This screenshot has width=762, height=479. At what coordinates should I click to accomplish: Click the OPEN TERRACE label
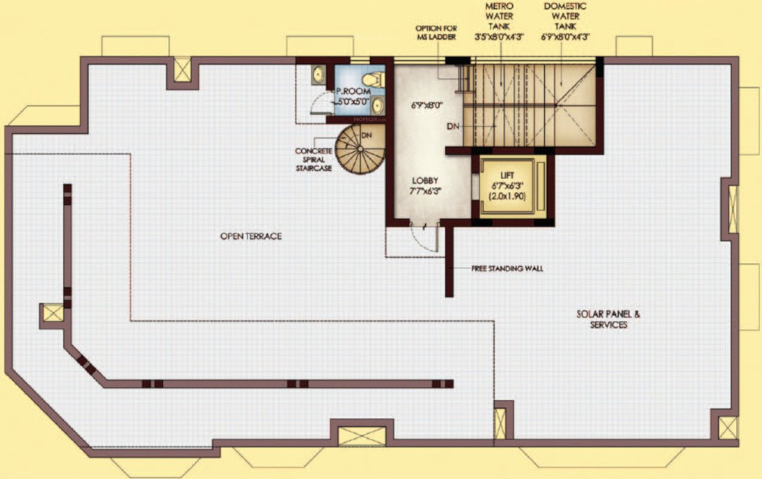(x=251, y=236)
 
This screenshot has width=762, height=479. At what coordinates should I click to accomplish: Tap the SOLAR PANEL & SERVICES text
(x=608, y=319)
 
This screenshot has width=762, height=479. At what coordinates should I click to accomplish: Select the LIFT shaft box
(x=508, y=188)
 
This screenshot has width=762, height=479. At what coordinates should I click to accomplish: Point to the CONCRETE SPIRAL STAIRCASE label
(x=313, y=160)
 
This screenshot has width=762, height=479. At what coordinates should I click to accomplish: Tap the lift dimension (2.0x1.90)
(x=508, y=195)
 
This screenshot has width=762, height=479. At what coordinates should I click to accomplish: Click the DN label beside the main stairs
(x=454, y=126)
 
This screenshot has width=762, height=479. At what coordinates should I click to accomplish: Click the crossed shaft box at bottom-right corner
(x=727, y=429)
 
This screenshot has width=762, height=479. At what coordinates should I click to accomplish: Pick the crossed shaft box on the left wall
(x=52, y=314)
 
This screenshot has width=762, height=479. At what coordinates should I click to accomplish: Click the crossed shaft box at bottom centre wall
(x=353, y=436)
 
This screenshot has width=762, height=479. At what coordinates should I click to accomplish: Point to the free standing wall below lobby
(x=449, y=260)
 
